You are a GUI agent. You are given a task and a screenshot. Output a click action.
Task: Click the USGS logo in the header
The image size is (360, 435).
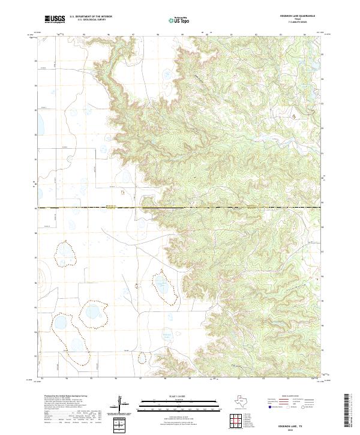click(x=55, y=19)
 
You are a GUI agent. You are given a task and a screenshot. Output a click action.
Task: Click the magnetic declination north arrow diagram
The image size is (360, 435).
click(x=122, y=405)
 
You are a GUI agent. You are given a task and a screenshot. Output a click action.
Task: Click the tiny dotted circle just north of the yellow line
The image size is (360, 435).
click(x=122, y=193)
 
